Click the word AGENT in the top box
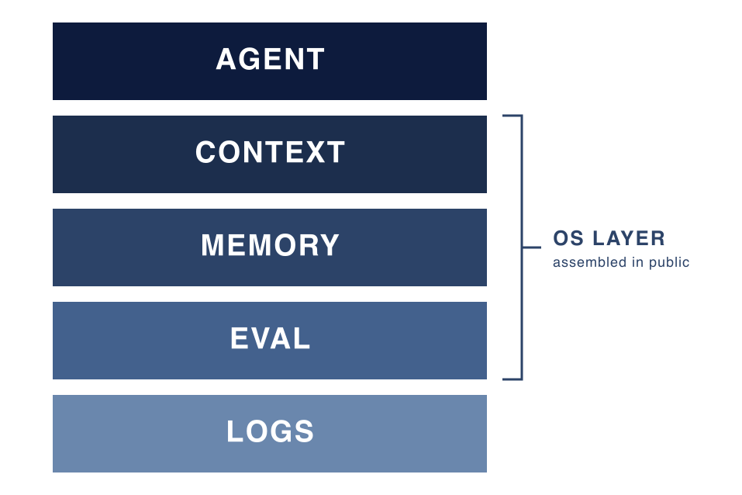270,59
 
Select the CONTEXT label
270,152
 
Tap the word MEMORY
270,245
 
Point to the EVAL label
270,338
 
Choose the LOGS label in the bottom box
270,431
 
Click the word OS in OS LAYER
568,238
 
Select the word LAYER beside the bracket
629,238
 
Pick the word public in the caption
669,262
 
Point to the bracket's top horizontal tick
512,115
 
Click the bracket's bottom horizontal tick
512,379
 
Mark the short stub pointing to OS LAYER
531,247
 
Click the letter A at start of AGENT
226,59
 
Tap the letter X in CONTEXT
315,152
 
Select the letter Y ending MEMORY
329,245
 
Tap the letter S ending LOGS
304,431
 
